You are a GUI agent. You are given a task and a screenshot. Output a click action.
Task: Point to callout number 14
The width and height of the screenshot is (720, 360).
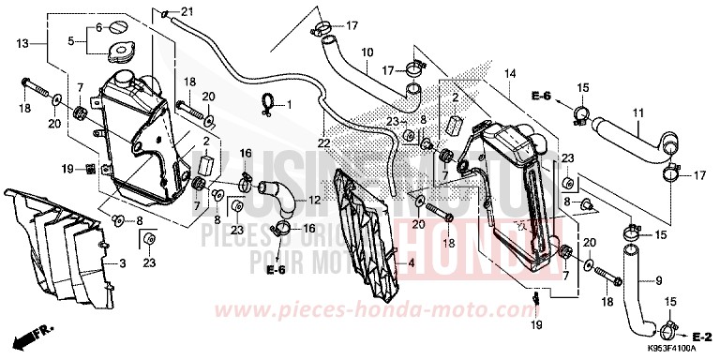(x=511, y=72)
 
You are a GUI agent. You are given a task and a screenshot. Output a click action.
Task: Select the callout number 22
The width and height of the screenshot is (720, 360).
(x=323, y=142)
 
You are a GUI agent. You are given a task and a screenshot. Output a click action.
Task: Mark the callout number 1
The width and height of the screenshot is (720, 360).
(x=290, y=103)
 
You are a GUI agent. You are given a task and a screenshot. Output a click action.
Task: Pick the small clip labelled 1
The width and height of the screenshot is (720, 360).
(x=267, y=104)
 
